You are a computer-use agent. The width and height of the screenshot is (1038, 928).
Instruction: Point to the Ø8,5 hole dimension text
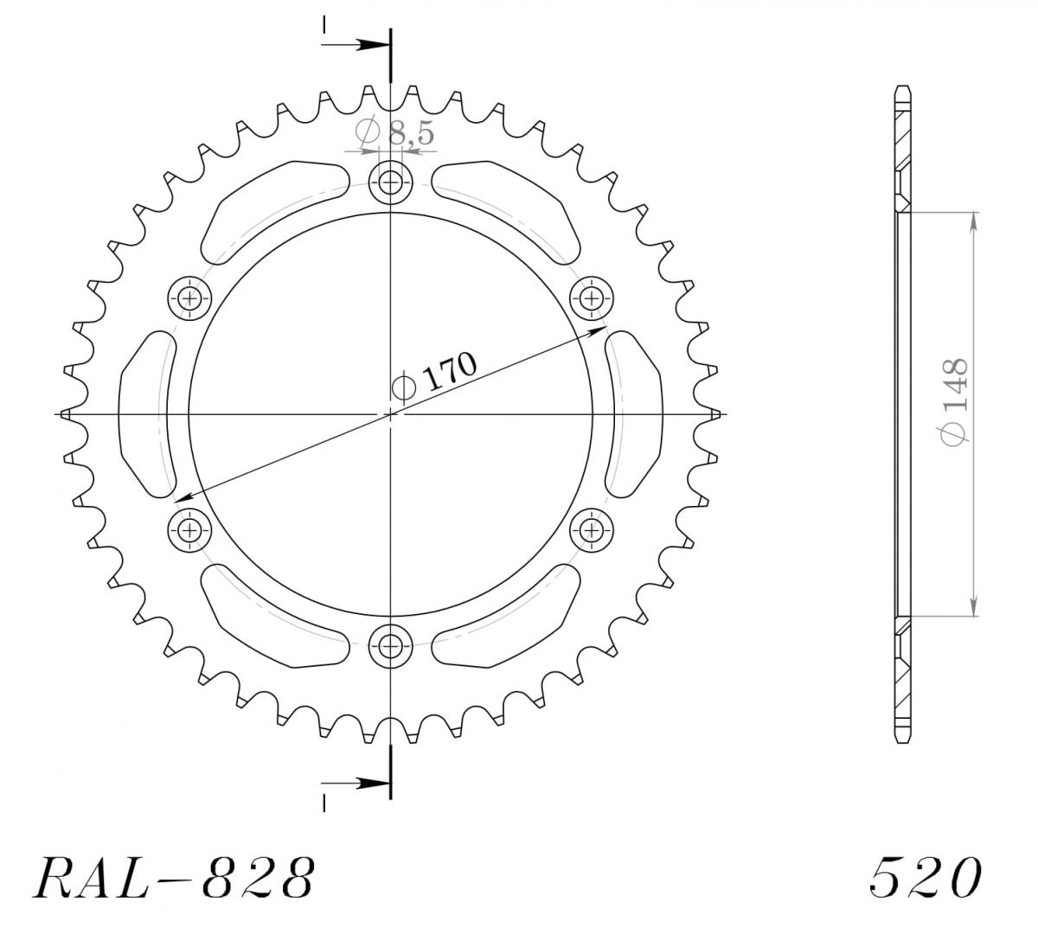pyautogui.click(x=394, y=131)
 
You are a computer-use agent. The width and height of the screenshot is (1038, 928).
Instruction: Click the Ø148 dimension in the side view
pyautogui.click(x=954, y=401)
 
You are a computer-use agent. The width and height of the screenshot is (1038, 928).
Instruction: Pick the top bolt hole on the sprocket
pyautogui.click(x=390, y=182)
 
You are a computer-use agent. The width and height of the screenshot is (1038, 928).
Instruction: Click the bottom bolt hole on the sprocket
pyautogui.click(x=390, y=646)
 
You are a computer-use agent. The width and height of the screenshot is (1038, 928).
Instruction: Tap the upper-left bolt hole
pyautogui.click(x=189, y=298)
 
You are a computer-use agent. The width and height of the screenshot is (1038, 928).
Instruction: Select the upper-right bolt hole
pyautogui.click(x=592, y=298)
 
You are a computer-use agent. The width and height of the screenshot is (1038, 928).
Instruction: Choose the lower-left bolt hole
pyautogui.click(x=189, y=530)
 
